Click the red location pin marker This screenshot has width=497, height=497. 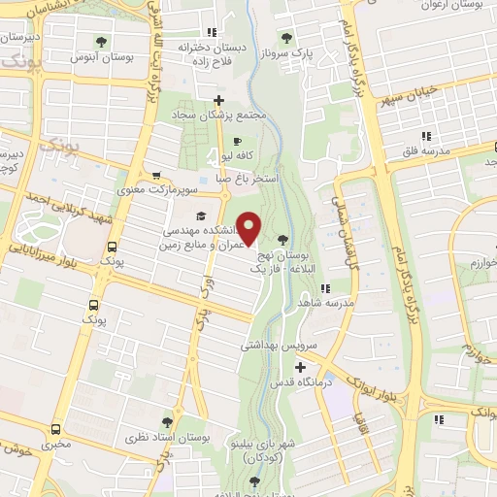click(249, 227)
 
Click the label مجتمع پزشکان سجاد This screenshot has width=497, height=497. click(219, 116)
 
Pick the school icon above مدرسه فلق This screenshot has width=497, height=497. click(425, 135)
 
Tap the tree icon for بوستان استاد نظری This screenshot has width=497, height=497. click(167, 422)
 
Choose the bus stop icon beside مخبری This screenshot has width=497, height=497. click(55, 428)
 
